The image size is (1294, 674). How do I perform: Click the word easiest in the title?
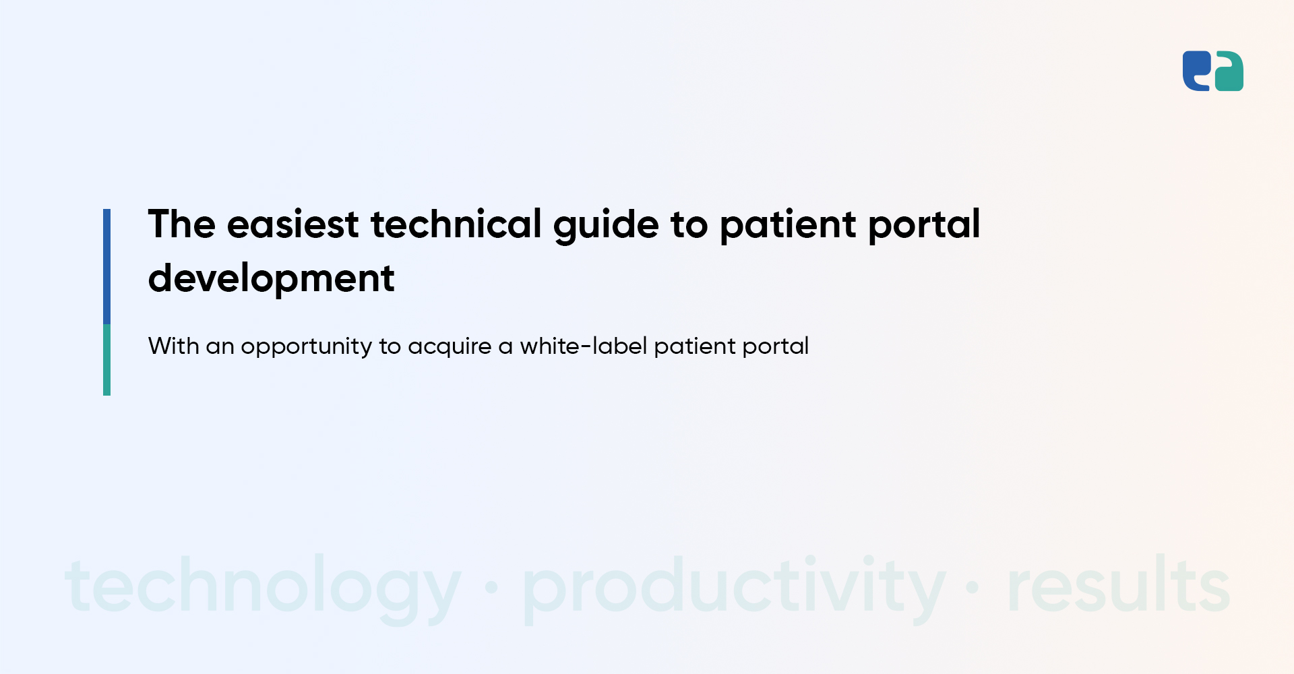[x=292, y=224]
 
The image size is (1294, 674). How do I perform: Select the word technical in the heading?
[x=456, y=224]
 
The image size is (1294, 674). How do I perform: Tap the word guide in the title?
[x=606, y=226]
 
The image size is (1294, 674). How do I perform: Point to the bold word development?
[x=271, y=279]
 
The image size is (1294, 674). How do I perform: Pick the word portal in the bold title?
[x=924, y=226]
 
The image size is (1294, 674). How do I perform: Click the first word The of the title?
[x=181, y=224]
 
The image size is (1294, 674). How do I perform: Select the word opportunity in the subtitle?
[x=306, y=347]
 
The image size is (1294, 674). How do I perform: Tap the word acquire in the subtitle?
[x=450, y=347]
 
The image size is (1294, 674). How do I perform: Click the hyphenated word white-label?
[x=583, y=346]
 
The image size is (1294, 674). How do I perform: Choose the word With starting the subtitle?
[x=173, y=346]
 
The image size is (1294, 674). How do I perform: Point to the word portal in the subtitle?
[x=775, y=347]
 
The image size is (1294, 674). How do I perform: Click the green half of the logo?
[x=1229, y=71]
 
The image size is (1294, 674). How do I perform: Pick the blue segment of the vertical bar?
[x=106, y=266]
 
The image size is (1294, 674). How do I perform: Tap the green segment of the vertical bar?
[x=106, y=360]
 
